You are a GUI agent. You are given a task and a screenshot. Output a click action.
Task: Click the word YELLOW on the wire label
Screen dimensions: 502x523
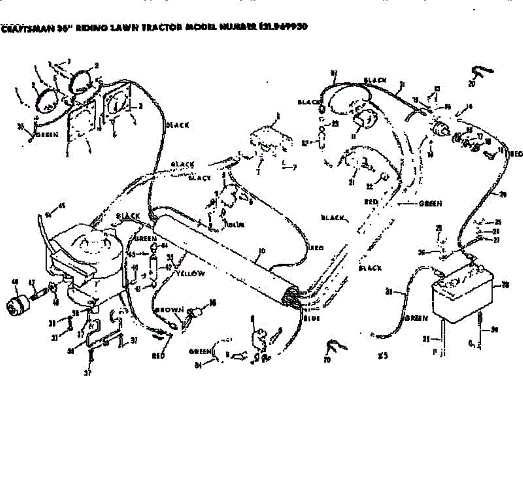click(190, 274)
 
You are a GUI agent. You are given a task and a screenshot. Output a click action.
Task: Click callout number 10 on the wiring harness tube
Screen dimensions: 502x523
click(261, 251)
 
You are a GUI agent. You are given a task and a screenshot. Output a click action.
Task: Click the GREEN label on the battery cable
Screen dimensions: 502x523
click(417, 318)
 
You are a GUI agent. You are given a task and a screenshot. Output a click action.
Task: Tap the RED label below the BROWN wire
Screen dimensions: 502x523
click(158, 356)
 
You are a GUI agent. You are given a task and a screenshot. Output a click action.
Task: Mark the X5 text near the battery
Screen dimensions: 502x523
click(383, 356)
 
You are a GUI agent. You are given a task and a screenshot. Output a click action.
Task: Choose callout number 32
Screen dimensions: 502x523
click(334, 73)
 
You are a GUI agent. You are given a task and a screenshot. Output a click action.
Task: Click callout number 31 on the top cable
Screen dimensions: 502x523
click(402, 84)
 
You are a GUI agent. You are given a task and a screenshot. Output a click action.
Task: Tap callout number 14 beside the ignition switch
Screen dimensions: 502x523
click(469, 106)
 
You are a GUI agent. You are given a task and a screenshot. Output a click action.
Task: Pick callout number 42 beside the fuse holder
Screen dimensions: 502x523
click(168, 268)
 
